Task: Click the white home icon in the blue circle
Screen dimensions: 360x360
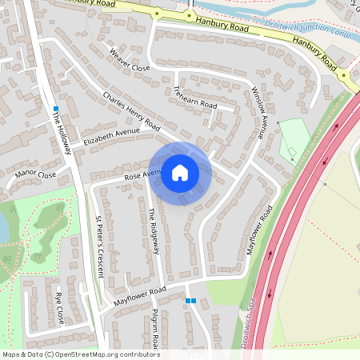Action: (x=180, y=173)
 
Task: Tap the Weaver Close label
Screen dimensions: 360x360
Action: (x=130, y=62)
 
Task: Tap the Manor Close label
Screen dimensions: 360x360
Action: (x=36, y=174)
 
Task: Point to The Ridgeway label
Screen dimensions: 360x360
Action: (x=154, y=232)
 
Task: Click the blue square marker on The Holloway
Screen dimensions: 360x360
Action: (x=56, y=108)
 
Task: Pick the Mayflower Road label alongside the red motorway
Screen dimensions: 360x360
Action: (x=260, y=230)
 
